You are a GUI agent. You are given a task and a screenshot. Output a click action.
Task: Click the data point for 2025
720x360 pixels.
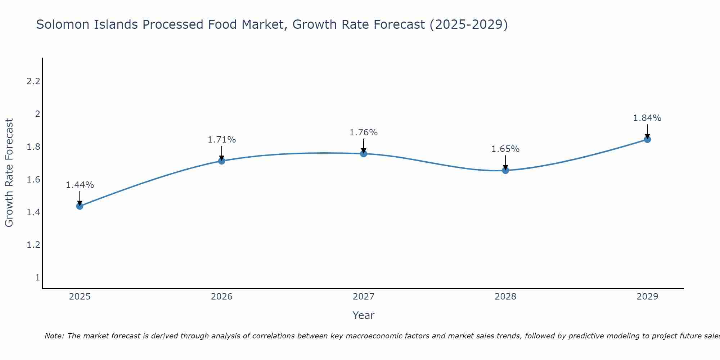coord(80,206)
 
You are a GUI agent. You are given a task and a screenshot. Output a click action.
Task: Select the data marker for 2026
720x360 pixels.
coord(222,161)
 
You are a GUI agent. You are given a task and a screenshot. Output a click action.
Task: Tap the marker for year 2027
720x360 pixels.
coord(364,154)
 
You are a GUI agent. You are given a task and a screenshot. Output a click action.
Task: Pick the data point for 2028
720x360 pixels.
coord(505,170)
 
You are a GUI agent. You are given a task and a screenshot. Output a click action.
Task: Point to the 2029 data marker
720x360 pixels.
coord(647,139)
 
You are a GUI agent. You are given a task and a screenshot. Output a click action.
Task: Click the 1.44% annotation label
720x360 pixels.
coord(80,185)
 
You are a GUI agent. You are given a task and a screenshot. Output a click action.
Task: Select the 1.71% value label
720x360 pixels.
coord(222,140)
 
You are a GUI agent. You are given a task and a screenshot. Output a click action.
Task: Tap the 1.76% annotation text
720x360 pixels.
coord(364,132)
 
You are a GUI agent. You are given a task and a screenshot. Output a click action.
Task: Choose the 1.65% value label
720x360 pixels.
coord(505,149)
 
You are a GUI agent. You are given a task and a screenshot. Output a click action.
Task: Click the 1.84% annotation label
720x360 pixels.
coord(647,118)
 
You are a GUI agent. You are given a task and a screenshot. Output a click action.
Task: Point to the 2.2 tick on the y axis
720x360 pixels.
coord(33,81)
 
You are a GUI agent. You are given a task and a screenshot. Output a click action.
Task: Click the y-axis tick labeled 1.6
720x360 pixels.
coord(33,180)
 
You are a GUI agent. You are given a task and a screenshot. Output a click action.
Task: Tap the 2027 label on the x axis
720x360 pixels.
coord(364,297)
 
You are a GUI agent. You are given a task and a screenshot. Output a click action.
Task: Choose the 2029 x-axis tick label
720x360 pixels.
coord(647,297)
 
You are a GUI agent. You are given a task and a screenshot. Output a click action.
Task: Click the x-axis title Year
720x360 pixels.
coord(364,315)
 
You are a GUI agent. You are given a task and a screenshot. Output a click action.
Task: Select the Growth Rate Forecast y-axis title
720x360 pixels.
coord(9,173)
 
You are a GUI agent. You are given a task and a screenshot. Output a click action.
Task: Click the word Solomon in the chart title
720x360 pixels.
coord(63,24)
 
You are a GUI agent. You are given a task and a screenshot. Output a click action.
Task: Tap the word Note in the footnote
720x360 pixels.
coord(54,336)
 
